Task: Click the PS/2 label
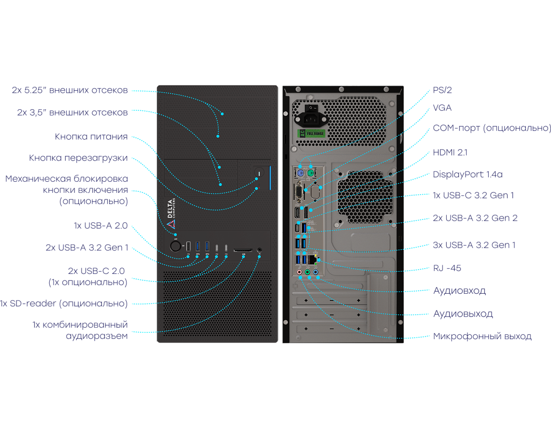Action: (442, 90)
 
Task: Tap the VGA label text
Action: (442, 108)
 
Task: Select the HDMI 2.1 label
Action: (450, 153)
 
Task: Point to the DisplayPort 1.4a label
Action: (468, 174)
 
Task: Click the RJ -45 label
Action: (447, 268)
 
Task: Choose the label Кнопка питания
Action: (91, 137)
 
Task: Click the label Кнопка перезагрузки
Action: (78, 158)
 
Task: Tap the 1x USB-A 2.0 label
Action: (100, 226)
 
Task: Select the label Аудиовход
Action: (460, 291)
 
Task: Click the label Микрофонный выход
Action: (482, 336)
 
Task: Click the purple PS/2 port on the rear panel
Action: (300, 173)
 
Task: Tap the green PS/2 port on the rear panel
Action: (311, 173)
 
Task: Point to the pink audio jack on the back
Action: (299, 272)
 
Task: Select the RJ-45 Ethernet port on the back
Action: (312, 259)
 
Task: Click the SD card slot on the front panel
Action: (243, 250)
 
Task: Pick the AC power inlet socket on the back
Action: (311, 120)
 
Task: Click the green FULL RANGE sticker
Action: (311, 134)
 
